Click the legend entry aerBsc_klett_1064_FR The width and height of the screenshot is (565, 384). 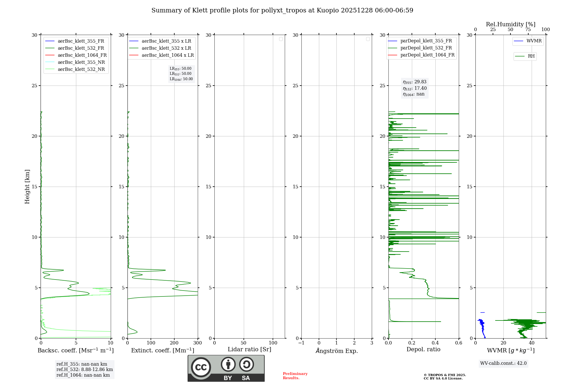click(82, 55)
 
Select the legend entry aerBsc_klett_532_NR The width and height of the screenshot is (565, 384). click(81, 69)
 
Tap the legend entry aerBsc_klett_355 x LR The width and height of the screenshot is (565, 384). click(166, 41)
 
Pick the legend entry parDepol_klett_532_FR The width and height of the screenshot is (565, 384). click(426, 48)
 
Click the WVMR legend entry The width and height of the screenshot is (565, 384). click(534, 41)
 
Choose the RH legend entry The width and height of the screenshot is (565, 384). click(531, 56)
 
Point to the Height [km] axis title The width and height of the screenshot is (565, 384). click(27, 186)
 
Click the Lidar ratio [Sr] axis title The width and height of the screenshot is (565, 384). click(249, 349)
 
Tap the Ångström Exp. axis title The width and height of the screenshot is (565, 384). click(336, 351)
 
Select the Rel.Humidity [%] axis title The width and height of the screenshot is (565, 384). click(510, 24)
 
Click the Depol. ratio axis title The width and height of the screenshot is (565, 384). click(423, 349)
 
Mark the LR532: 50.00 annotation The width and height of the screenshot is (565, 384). click(181, 74)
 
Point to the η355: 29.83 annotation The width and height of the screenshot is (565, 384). click(414, 82)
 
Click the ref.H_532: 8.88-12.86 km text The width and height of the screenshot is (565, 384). click(84, 369)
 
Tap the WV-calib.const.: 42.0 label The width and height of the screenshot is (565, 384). click(503, 363)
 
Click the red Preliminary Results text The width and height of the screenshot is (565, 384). click(295, 376)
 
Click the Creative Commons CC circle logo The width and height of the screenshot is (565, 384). click(201, 367)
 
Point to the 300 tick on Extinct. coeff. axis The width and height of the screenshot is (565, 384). click(197, 343)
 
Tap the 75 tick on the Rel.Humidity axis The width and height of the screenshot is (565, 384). click(528, 30)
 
